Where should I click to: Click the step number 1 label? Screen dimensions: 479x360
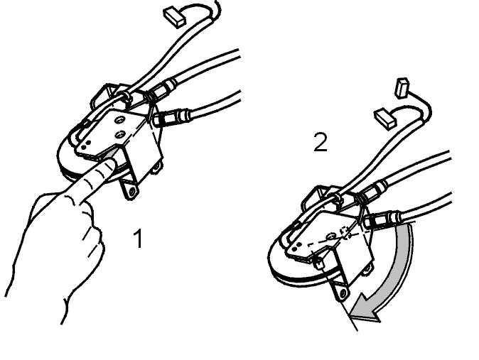pos(139,239)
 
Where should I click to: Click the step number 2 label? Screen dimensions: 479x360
pos(321,142)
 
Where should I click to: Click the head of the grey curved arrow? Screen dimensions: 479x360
pos(365,309)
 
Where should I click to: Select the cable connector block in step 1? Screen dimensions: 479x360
pos(175,18)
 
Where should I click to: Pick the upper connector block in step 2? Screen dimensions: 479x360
pos(402,88)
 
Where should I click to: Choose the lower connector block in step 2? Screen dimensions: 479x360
pos(385,119)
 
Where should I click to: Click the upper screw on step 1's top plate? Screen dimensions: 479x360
pos(119,121)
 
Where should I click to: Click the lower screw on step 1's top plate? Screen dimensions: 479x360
pos(119,134)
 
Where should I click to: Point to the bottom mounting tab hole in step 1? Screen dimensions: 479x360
pos(132,192)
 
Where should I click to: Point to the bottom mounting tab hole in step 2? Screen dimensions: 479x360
pos(343,293)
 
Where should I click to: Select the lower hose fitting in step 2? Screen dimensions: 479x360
pos(382,220)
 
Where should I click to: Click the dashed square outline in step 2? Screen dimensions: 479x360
pos(345,232)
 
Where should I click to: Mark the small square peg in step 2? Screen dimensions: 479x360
pos(318,263)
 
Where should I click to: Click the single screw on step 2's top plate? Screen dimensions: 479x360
pos(331,236)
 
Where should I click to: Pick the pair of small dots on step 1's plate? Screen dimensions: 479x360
pos(87,142)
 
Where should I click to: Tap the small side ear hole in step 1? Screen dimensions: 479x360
pos(157,166)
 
